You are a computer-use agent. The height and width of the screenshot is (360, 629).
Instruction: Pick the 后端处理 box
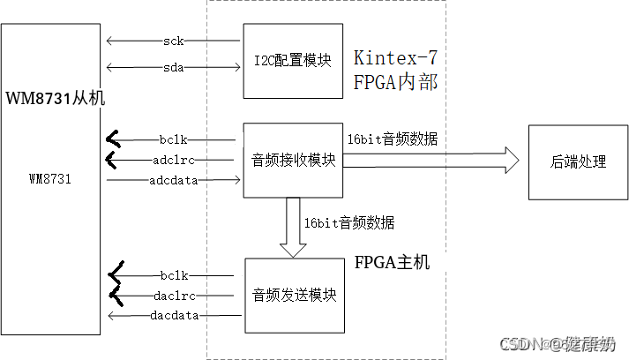pyautogui.click(x=578, y=162)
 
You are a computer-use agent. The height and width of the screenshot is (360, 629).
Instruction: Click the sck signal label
pyautogui.click(x=173, y=41)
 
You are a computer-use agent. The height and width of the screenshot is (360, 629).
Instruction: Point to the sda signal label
pyautogui.click(x=173, y=68)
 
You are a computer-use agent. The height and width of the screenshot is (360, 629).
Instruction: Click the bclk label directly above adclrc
pyautogui.click(x=174, y=139)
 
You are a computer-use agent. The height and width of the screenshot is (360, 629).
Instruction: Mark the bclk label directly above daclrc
pyautogui.click(x=174, y=274)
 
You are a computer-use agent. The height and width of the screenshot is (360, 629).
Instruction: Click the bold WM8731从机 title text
pyautogui.click(x=55, y=98)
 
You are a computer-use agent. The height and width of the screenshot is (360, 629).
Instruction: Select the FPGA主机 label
pyautogui.click(x=392, y=262)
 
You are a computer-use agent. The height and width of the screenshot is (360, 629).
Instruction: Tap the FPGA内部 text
pyautogui.click(x=394, y=84)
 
